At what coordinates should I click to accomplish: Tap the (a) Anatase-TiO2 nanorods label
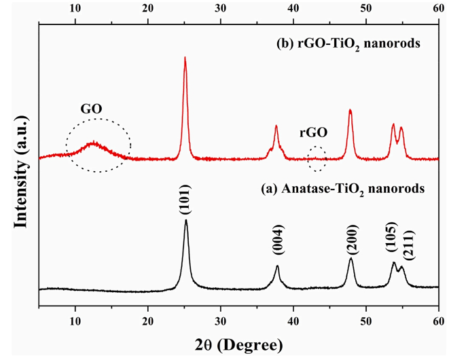click(340, 189)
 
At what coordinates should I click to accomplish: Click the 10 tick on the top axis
click(75, 10)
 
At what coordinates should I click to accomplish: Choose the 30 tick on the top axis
click(220, 10)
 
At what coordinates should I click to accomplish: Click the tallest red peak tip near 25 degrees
click(185, 58)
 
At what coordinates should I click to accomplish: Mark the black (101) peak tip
click(185, 220)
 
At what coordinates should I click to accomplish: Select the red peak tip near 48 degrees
click(350, 109)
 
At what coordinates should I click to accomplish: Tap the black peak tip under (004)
click(277, 266)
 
